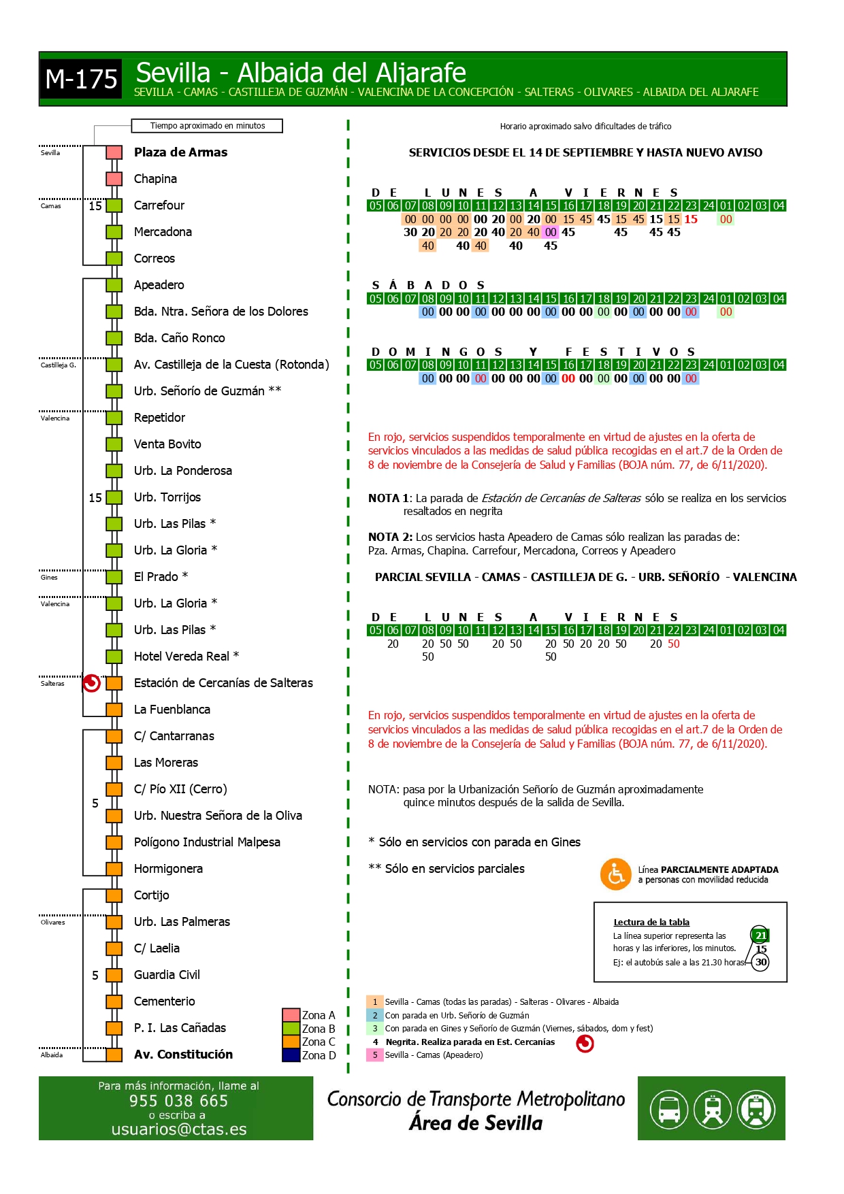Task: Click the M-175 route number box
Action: coord(81,79)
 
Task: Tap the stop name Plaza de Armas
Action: coord(180,152)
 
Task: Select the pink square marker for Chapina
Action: coord(114,179)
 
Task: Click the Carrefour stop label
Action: coord(159,205)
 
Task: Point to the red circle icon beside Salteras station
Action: coord(91,683)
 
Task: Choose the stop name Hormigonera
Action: coord(168,869)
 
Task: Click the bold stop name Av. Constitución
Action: coord(183,1055)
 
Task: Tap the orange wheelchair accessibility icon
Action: coord(615,874)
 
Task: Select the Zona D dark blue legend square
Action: coord(291,1055)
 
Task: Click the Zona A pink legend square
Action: coord(291,1015)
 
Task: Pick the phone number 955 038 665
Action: coord(178,1101)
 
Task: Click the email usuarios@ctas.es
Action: coord(179,1129)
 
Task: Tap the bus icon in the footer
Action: coord(668,1109)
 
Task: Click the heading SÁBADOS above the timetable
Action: coord(428,285)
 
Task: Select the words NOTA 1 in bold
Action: coord(389,499)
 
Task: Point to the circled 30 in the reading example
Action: coord(760,962)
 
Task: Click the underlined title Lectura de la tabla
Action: coord(651,923)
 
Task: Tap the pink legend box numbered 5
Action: coord(374,1055)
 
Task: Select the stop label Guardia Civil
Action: coord(167,975)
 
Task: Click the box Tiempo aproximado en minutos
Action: coord(207,126)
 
